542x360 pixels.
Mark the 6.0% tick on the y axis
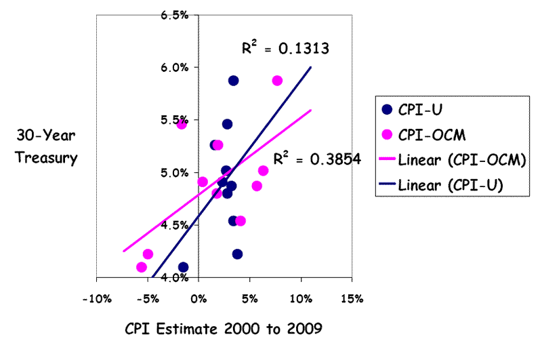[x=175, y=67]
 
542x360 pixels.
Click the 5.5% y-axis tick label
[x=175, y=120]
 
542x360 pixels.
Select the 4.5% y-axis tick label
[x=175, y=225]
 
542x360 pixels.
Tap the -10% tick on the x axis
[x=96, y=298]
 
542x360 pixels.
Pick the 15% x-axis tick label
[x=351, y=298]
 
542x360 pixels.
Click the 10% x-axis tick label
[x=300, y=298]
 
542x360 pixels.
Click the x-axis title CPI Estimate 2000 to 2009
[x=223, y=330]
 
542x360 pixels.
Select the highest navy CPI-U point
[x=233, y=80]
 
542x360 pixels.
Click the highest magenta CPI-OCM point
[x=277, y=80]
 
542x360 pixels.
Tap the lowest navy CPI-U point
[x=183, y=267]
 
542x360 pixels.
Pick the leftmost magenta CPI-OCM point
[x=141, y=267]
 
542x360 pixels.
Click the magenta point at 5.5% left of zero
[x=182, y=124]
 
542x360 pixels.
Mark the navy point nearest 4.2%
[x=237, y=254]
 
